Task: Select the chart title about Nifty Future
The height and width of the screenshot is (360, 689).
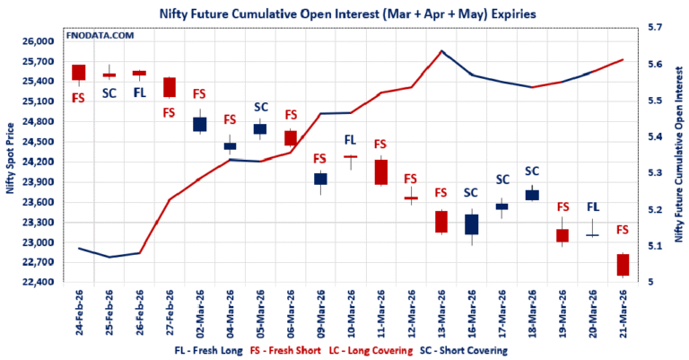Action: coord(344,13)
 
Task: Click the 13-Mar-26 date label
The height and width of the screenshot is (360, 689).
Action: coord(441,313)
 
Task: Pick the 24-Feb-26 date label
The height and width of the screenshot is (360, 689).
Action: coord(79,313)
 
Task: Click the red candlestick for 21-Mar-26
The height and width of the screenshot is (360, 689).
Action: coord(624,265)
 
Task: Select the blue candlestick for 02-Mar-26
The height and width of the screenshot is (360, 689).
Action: coord(199,125)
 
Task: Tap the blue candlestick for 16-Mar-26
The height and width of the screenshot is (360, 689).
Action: coord(472,224)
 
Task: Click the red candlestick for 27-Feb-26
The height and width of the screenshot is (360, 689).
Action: coord(169,87)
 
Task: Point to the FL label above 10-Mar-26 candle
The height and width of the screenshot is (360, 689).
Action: coord(351,139)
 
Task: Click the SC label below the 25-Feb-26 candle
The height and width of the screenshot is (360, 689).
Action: coord(109,92)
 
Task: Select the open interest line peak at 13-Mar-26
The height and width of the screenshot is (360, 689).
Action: coord(441,51)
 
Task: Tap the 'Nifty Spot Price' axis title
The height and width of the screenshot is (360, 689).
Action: coord(11,162)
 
